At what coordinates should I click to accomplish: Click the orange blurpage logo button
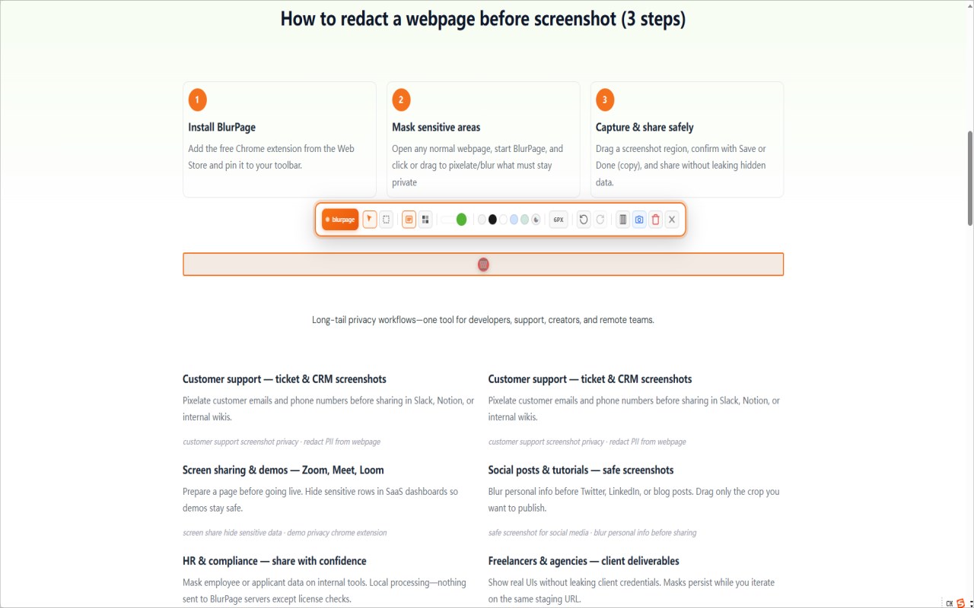tap(340, 220)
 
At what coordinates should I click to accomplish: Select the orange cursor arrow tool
tap(369, 220)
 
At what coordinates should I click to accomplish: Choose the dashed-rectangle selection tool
tap(386, 220)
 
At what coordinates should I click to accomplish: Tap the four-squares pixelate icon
tap(425, 220)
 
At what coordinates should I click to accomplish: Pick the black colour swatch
tap(492, 220)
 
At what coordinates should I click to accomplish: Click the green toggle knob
tap(461, 220)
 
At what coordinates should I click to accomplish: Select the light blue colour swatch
tap(514, 220)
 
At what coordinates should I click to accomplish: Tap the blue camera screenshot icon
tap(639, 220)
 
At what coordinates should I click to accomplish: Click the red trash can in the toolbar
tap(656, 220)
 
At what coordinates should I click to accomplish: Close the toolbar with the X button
tap(672, 220)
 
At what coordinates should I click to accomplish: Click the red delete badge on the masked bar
tap(483, 264)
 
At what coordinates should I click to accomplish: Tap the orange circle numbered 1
tap(197, 100)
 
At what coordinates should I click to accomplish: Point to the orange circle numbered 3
tap(605, 100)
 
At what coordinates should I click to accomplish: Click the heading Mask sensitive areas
tap(436, 127)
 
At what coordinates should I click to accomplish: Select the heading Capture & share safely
tap(645, 127)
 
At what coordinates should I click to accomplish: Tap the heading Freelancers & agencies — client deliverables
tap(584, 561)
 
